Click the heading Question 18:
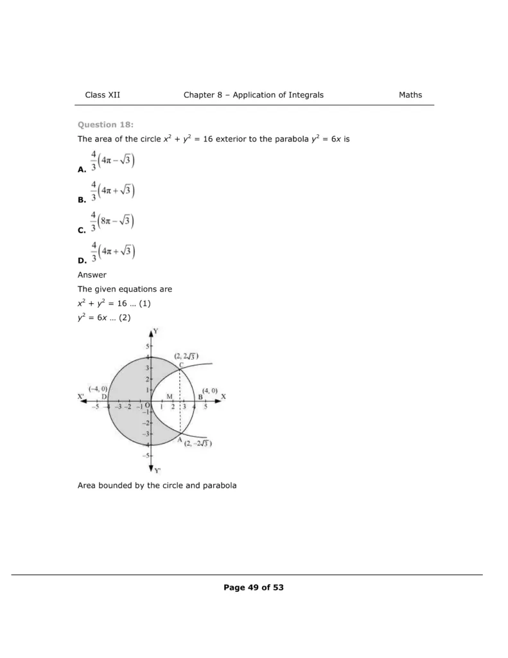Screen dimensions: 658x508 pyautogui.click(x=105, y=125)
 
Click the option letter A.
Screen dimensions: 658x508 pyautogui.click(x=81, y=170)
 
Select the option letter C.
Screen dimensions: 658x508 pyautogui.click(x=81, y=230)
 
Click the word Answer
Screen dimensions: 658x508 pyautogui.click(x=92, y=275)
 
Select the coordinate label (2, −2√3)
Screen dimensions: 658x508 pyautogui.click(x=198, y=443)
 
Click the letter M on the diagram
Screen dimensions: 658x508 pyautogui.click(x=170, y=397)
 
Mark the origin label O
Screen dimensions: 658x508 pyautogui.click(x=147, y=406)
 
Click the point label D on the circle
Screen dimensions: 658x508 pyautogui.click(x=104, y=397)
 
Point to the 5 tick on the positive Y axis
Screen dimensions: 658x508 pyautogui.click(x=146, y=346)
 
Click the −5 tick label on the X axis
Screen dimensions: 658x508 pyautogui.click(x=95, y=407)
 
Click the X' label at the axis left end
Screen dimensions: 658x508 pyautogui.click(x=81, y=396)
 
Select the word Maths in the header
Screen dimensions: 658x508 pyautogui.click(x=410, y=95)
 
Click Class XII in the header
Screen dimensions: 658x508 pyautogui.click(x=103, y=95)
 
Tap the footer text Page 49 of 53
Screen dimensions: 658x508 pyautogui.click(x=254, y=587)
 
